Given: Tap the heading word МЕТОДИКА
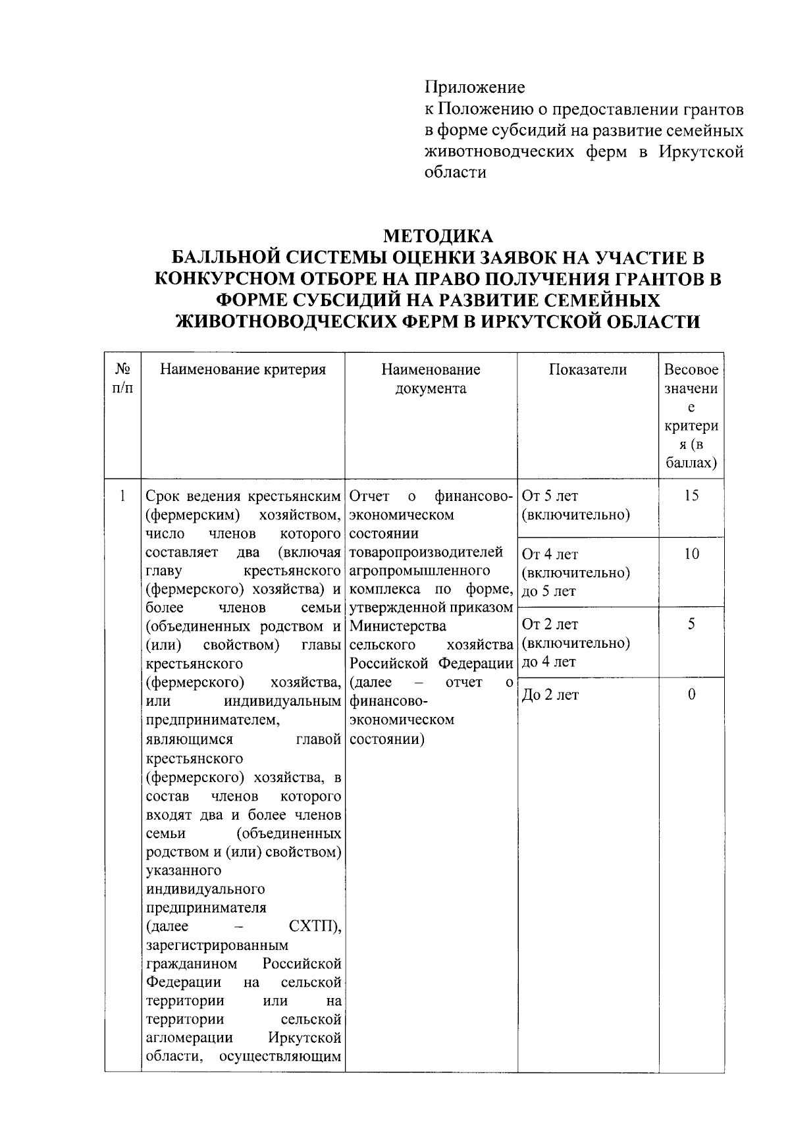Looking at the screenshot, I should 438,236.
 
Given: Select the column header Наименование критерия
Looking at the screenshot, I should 243,370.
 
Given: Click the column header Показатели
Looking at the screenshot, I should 588,370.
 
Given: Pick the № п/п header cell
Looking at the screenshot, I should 122,379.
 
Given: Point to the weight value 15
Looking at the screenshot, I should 691,496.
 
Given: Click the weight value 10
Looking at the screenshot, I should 691,554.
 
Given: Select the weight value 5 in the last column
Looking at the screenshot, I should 691,624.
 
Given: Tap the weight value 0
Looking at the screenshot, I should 691,695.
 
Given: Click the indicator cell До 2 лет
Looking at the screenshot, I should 550,695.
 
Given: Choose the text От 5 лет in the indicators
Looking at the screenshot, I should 550,496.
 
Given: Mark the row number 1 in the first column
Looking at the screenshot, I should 122,496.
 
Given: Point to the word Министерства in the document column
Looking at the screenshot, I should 398,625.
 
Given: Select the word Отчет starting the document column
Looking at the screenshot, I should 370,496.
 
